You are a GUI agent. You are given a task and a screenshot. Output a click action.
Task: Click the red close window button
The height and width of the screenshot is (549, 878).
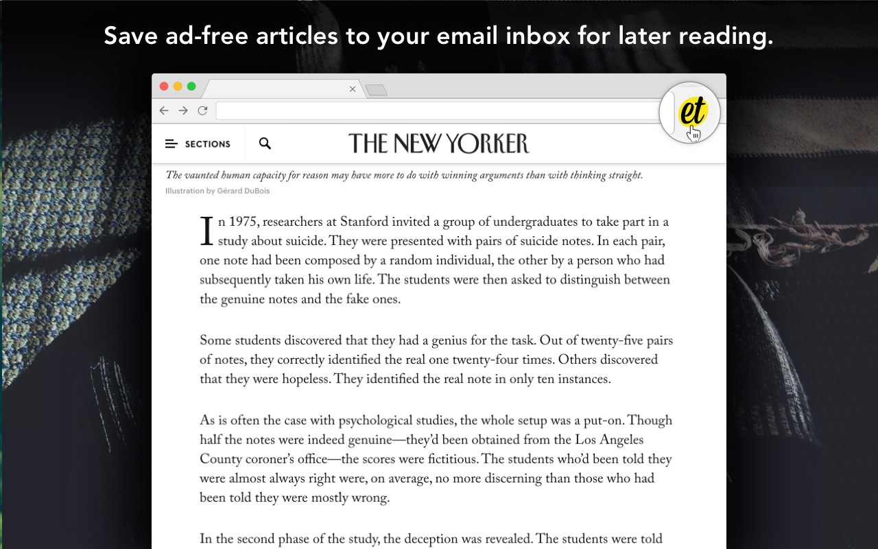tap(164, 86)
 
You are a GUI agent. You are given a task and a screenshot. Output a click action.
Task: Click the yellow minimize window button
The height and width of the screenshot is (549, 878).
tap(178, 86)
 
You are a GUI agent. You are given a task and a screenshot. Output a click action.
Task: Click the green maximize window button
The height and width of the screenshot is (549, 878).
tap(191, 86)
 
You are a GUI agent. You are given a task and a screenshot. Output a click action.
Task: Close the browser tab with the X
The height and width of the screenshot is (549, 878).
tap(353, 89)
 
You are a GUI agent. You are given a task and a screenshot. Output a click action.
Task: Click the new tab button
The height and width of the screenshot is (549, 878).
tap(376, 90)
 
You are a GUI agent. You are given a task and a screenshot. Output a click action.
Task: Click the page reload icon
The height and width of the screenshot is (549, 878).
tap(202, 110)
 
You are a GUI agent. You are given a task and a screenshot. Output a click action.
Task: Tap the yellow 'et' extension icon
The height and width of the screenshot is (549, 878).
tap(691, 113)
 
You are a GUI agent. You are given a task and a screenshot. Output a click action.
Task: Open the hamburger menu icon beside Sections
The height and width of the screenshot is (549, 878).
tap(171, 144)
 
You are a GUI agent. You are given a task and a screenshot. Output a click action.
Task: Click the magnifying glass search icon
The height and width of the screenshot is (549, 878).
tap(265, 143)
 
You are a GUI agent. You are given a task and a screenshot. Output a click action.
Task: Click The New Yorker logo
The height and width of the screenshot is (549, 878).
tap(439, 143)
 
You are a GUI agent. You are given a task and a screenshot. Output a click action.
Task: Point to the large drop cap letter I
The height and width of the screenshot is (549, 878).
tap(206, 231)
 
